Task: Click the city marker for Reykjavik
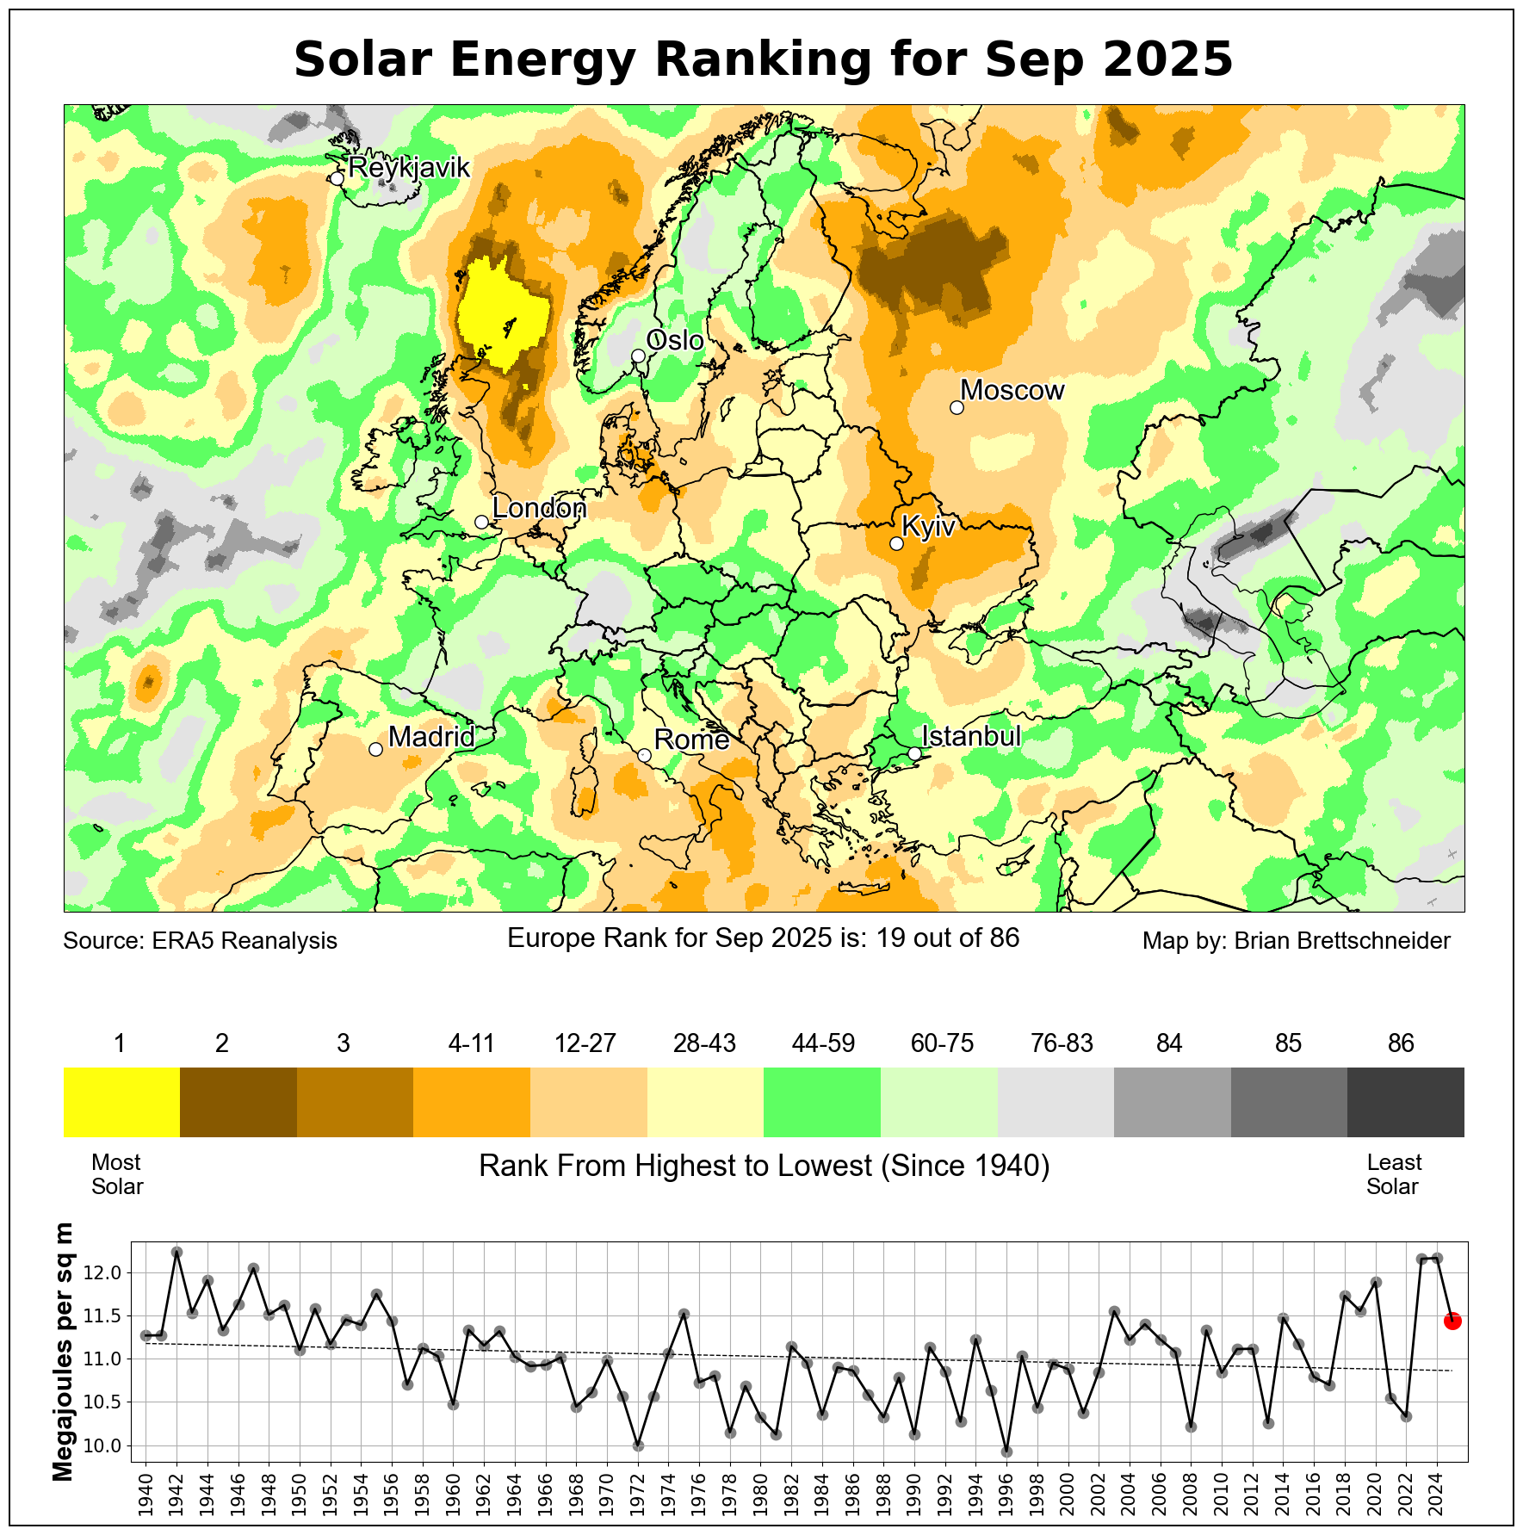[x=337, y=178]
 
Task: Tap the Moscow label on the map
[x=1012, y=391]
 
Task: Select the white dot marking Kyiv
[x=896, y=543]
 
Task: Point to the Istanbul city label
[x=971, y=737]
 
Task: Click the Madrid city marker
[x=375, y=750]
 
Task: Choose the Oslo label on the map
[x=675, y=341]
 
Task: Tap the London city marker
[x=481, y=522]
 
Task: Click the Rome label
[x=691, y=740]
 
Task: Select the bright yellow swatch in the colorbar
[x=121, y=1102]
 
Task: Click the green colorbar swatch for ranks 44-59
[x=822, y=1102]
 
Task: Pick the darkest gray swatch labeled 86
[x=1405, y=1102]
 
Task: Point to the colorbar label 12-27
[x=585, y=1043]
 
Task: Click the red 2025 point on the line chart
[x=1452, y=1321]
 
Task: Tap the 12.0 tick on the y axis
[x=107, y=1273]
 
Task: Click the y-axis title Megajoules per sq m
[x=64, y=1352]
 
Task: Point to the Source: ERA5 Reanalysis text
[x=200, y=941]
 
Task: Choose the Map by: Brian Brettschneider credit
[x=1296, y=941]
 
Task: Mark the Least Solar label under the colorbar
[x=1393, y=1174]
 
